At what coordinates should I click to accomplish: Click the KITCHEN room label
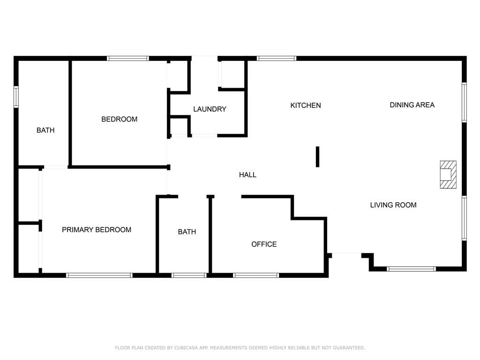306,105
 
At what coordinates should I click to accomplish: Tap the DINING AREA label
412,105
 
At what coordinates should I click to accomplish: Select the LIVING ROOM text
393,205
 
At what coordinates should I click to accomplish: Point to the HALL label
247,175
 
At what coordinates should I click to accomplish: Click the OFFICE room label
264,244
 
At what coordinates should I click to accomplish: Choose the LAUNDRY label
210,109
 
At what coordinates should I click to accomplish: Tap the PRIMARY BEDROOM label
97,230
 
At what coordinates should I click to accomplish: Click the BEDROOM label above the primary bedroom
120,120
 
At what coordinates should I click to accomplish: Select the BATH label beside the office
187,232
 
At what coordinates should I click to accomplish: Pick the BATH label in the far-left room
45,130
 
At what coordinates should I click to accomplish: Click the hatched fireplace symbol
448,174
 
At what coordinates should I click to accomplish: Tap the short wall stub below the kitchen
317,157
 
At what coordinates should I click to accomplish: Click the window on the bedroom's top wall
128,59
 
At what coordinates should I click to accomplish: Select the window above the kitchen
277,59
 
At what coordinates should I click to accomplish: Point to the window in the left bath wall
16,97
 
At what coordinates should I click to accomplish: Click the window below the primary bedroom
99,275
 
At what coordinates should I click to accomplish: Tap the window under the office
256,275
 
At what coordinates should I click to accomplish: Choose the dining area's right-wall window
464,102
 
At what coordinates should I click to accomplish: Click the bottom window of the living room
411,269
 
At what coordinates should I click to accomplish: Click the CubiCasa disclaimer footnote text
240,348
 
